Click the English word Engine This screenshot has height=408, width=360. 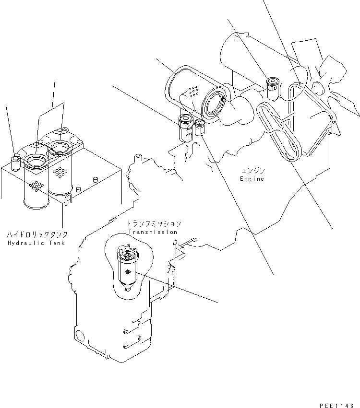[252, 179]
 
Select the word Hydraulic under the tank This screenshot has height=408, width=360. [23, 243]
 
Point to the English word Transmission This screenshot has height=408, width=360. [153, 232]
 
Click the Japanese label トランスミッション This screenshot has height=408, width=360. [154, 224]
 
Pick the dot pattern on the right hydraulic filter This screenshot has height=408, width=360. [60, 172]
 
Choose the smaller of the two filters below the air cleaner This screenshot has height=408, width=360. [199, 128]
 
